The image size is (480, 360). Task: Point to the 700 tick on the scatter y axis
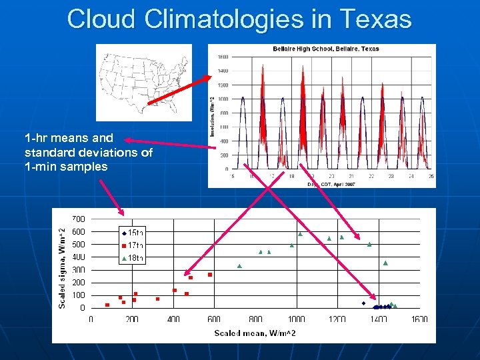coord(78,219)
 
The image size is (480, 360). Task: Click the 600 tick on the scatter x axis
coord(214,319)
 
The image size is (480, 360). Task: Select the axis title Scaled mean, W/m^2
coord(255,333)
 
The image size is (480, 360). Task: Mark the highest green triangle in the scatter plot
coord(301,234)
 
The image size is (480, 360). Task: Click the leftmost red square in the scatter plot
coord(107,305)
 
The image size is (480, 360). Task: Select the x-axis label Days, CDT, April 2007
coord(331,183)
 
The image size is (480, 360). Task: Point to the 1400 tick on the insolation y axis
coord(223,71)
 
